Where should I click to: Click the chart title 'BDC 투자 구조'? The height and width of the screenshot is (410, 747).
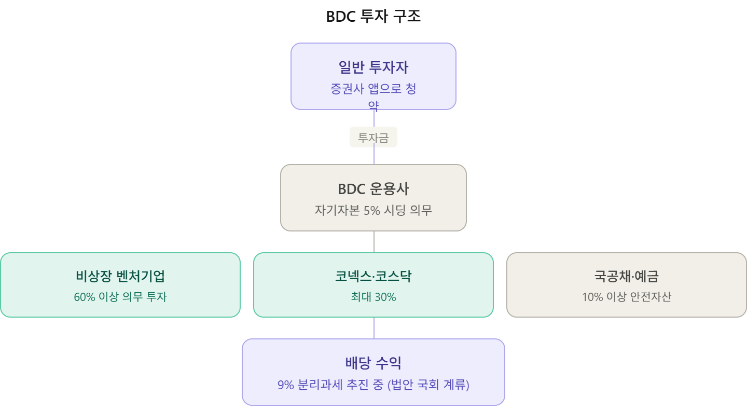point(373,17)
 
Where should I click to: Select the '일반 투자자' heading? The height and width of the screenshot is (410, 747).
point(373,67)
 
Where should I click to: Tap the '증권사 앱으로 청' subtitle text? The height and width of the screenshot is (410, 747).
point(373,89)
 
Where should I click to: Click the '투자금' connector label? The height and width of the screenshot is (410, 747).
point(373,138)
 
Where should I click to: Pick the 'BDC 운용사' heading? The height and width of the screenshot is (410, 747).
point(373,189)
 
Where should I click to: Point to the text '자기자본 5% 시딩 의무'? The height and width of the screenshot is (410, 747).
point(373,211)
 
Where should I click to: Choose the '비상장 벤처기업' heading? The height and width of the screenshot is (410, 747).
point(120,276)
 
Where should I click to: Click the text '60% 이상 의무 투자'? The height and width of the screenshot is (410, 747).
point(120,297)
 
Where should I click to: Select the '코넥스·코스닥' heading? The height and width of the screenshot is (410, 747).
point(373,276)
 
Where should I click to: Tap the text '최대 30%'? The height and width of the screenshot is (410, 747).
point(373,297)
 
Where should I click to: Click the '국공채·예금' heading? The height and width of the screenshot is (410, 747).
point(626,276)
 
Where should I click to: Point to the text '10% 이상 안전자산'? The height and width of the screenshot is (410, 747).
point(626,297)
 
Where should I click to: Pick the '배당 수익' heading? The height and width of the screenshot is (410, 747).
point(373,363)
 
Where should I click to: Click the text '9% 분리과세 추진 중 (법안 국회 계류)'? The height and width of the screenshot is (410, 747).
point(373,386)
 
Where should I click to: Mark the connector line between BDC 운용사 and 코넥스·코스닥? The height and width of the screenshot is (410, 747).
point(374,242)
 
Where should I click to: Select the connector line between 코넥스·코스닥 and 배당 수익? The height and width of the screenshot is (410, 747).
point(374,328)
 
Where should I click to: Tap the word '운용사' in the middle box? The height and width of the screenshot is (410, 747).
point(389,189)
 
